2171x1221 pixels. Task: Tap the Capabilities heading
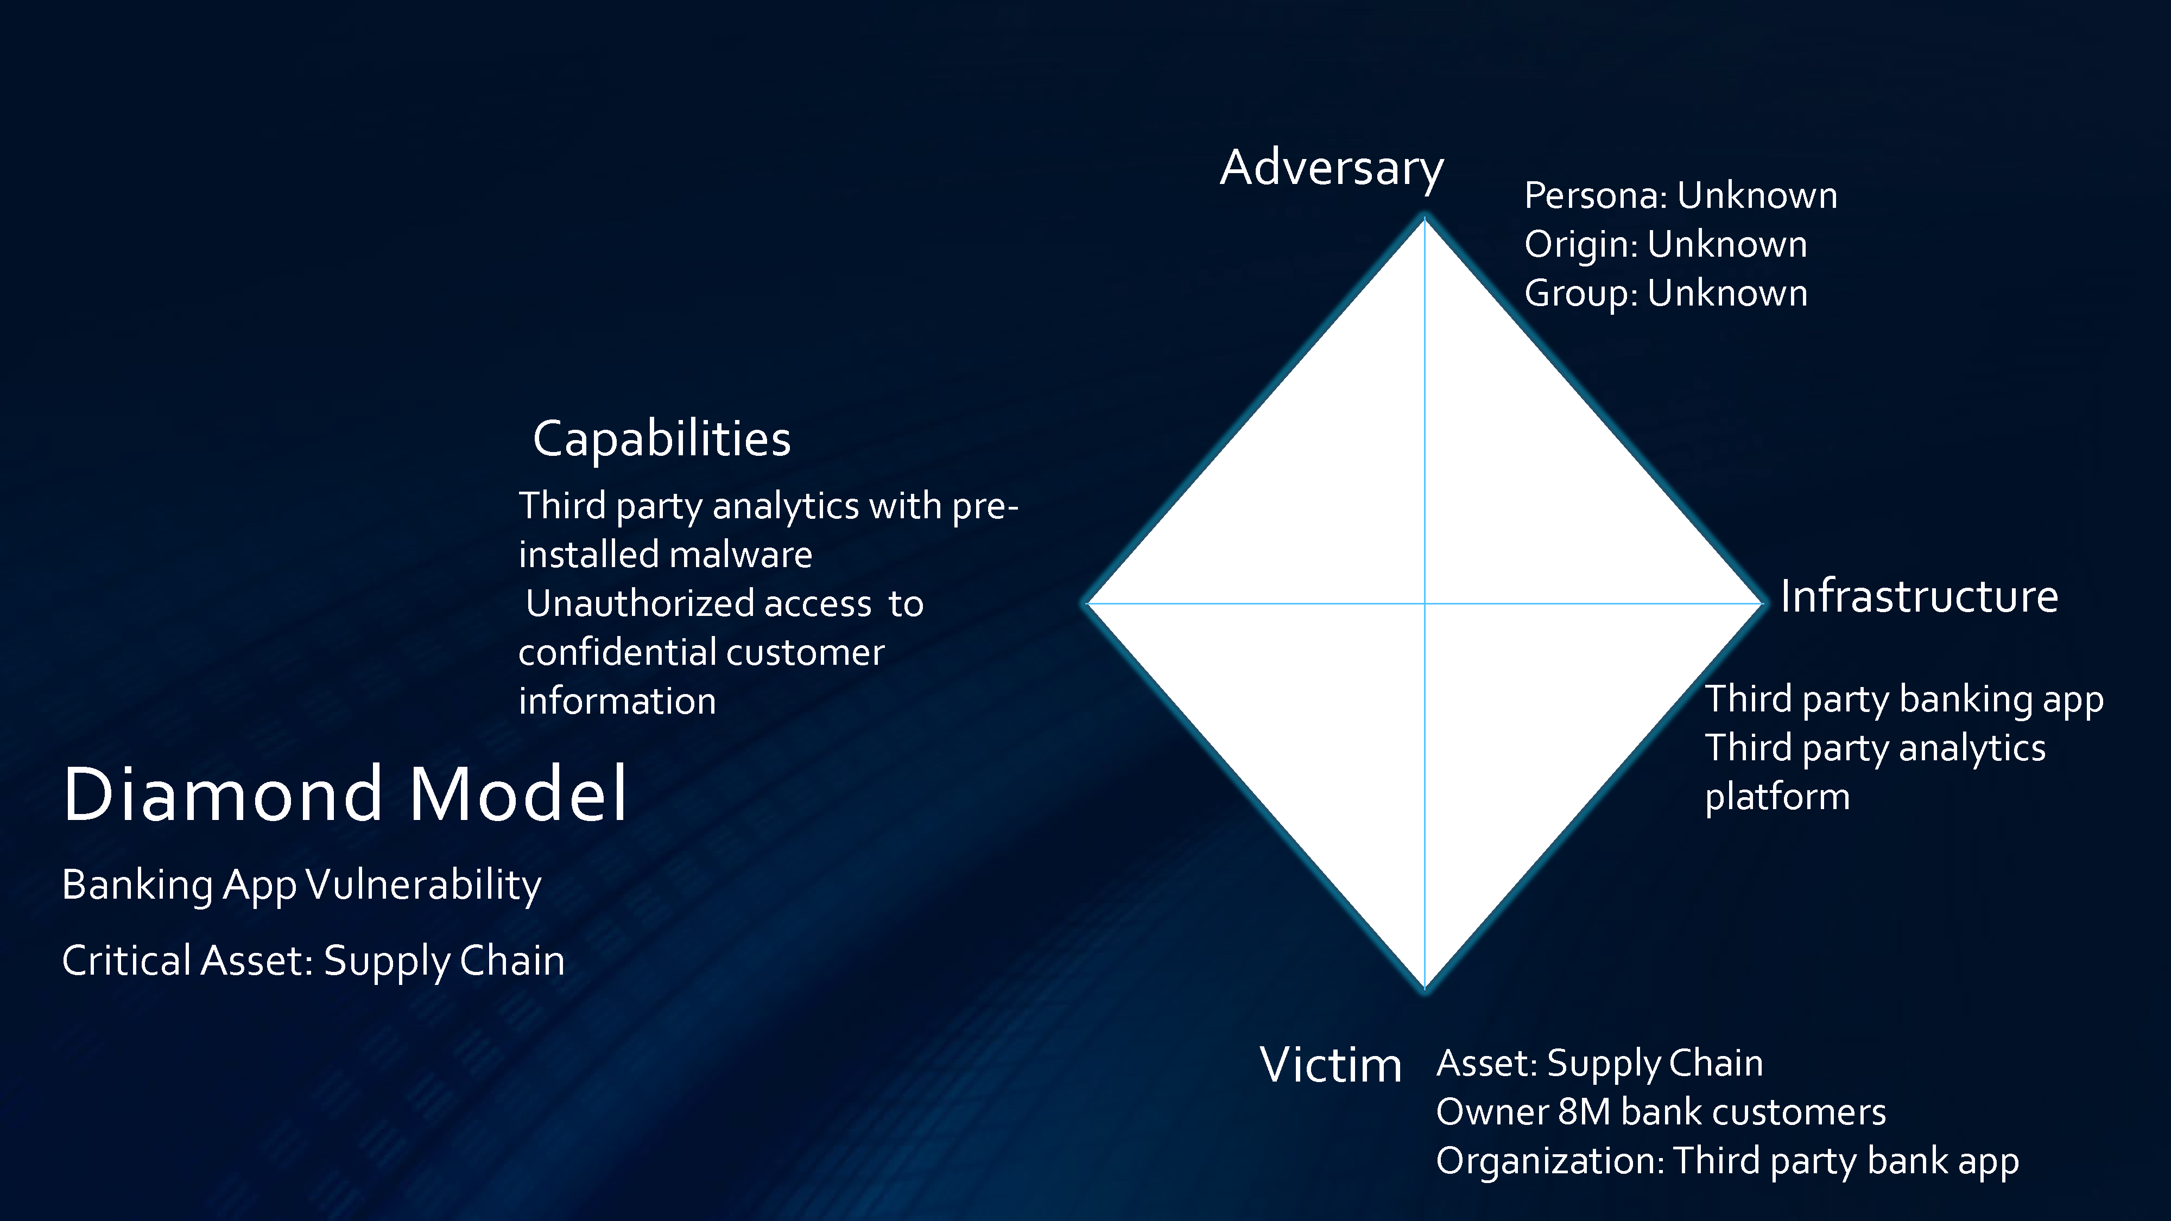[662, 439]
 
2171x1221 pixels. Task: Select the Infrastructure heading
[1919, 596]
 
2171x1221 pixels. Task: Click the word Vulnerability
[423, 886]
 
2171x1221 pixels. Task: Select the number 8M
[1585, 1112]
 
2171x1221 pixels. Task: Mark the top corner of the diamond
[1425, 218]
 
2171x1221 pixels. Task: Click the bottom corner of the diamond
[1425, 990]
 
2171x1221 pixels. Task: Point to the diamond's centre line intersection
[1425, 603]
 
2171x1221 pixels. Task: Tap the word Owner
[1492, 1112]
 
